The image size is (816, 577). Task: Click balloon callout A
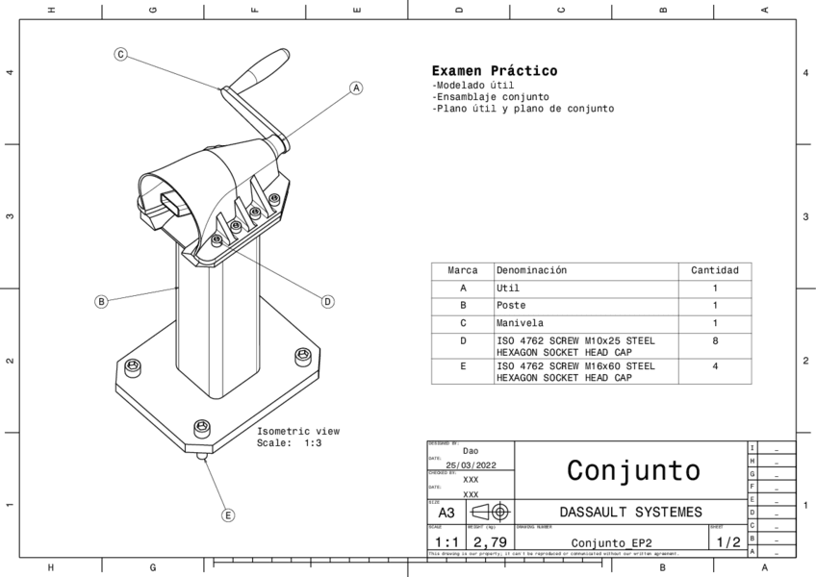(356, 88)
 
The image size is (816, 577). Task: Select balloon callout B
(101, 301)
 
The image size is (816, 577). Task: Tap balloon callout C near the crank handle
(121, 54)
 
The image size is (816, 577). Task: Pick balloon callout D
(327, 301)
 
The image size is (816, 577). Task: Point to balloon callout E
(228, 515)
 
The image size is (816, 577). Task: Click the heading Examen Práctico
(494, 71)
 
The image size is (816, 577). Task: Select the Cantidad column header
(714, 271)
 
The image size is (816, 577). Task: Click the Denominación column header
(531, 271)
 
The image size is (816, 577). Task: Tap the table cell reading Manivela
(520, 323)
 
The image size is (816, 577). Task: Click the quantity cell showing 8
(714, 340)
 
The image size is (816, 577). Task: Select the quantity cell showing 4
(714, 366)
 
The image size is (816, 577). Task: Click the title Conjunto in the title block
(632, 470)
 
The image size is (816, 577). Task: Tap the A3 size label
(446, 513)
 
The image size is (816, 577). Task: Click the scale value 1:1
(446, 542)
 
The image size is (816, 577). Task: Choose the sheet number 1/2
(728, 542)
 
